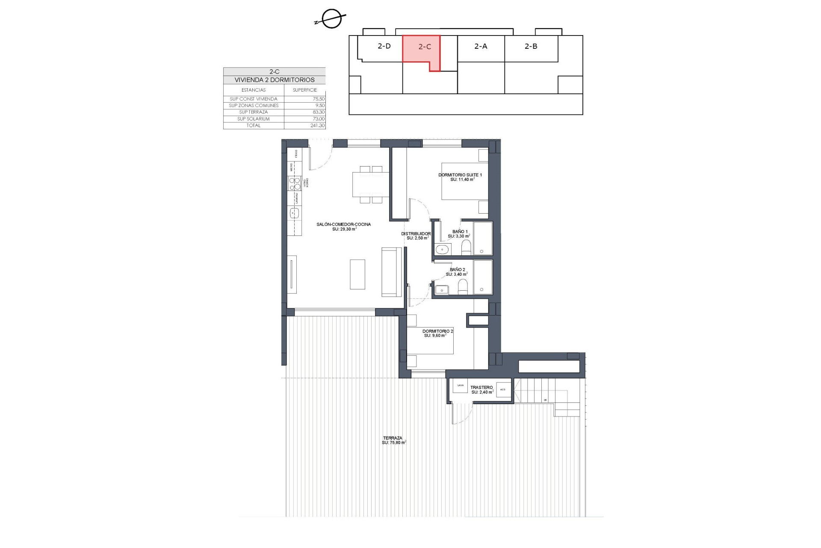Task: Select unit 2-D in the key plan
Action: click(x=384, y=46)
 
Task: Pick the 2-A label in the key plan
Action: click(x=481, y=46)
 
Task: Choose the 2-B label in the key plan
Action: click(x=531, y=46)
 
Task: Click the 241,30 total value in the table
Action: click(x=317, y=125)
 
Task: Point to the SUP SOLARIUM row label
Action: click(x=254, y=119)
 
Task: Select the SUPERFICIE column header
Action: click(x=304, y=90)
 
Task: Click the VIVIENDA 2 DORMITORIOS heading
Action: click(x=274, y=80)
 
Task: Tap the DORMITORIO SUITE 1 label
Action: click(x=460, y=175)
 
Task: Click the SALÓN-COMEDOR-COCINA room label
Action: click(x=343, y=224)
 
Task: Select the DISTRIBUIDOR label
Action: click(x=416, y=234)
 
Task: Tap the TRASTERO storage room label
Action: click(x=481, y=387)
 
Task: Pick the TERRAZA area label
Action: click(x=393, y=438)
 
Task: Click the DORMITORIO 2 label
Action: click(x=437, y=331)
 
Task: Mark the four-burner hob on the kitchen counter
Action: click(x=295, y=184)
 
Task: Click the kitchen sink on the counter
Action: click(x=295, y=212)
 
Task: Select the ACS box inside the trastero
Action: click(x=503, y=390)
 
